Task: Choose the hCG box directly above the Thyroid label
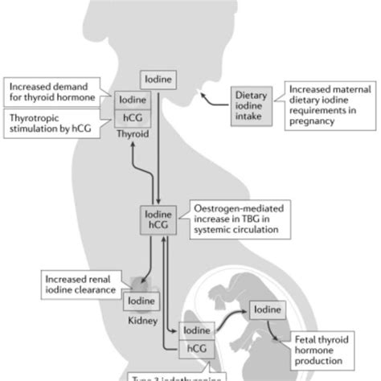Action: tap(132, 118)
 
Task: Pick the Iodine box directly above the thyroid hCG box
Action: tap(132, 100)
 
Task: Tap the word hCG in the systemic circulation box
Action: tap(158, 226)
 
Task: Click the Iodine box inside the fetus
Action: tap(270, 309)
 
